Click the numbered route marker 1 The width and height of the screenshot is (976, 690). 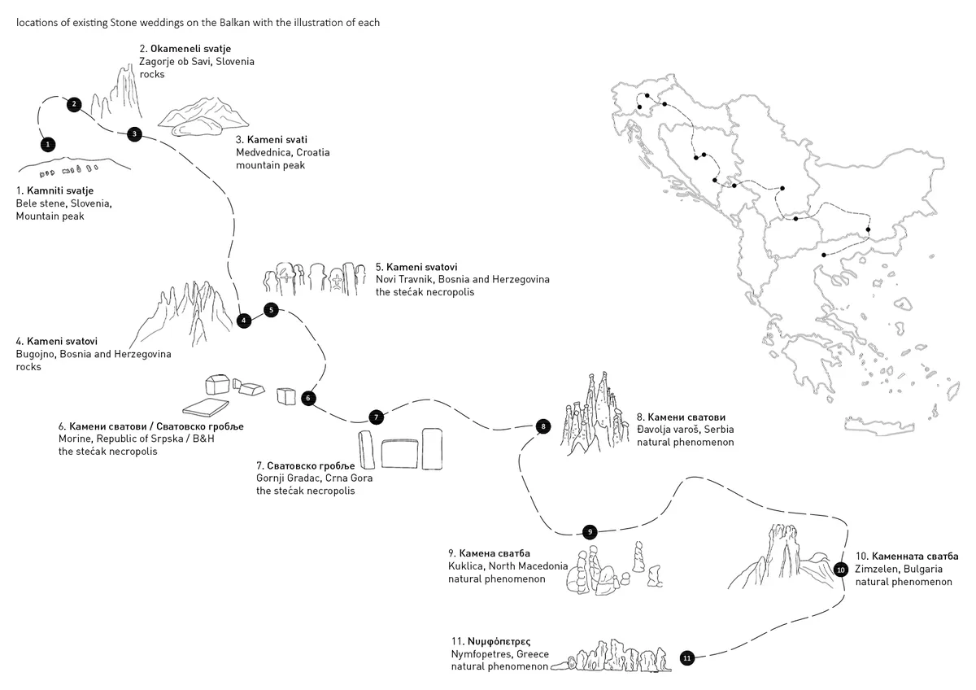point(48,144)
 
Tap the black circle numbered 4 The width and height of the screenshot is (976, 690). point(243,321)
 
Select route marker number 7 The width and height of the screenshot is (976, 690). point(376,417)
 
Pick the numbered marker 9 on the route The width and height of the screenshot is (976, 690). point(590,532)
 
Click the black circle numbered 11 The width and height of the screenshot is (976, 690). point(686,657)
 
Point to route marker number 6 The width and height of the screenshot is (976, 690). point(307,398)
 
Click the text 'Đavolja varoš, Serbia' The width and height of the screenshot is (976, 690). point(685,430)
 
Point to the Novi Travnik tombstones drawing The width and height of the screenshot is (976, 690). point(312,278)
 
